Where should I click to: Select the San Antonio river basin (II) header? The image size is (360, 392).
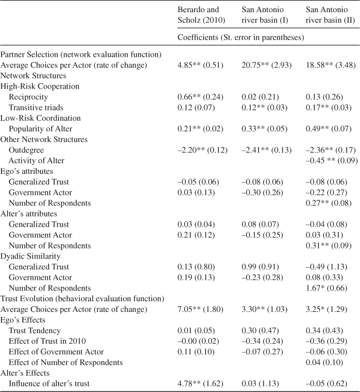coord(331,15)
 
